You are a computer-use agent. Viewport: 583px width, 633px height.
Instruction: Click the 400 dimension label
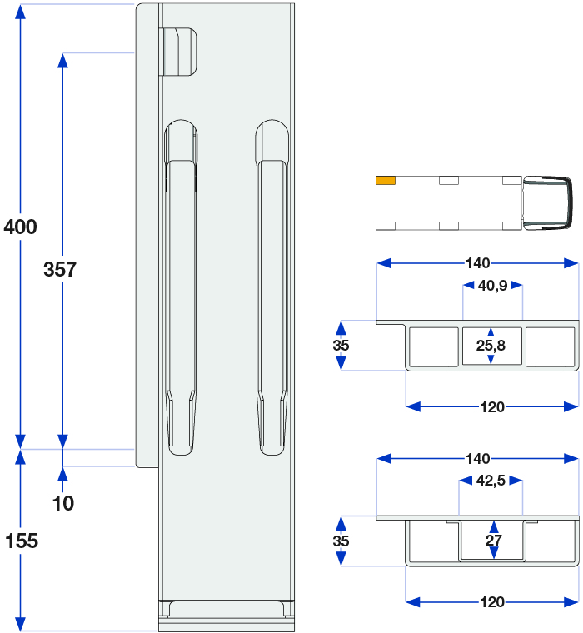[x=21, y=227]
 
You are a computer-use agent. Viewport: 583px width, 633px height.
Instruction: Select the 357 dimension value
[x=60, y=269]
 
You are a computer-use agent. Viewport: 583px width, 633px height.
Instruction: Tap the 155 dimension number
[x=22, y=541]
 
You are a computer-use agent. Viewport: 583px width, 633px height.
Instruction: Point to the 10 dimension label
[x=63, y=503]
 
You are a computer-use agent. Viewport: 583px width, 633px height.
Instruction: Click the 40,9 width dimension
[x=492, y=286]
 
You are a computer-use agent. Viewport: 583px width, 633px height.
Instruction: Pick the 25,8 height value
[x=491, y=346]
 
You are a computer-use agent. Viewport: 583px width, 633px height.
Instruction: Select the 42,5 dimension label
[x=491, y=481]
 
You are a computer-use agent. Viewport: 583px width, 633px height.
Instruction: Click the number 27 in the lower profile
[x=493, y=541]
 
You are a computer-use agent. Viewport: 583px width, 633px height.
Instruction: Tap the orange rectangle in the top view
[x=386, y=181]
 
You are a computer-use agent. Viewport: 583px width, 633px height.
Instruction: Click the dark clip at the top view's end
[x=548, y=203]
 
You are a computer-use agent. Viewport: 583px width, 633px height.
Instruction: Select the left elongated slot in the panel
[x=181, y=287]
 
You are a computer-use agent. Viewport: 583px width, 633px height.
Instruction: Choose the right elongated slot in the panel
[x=272, y=287]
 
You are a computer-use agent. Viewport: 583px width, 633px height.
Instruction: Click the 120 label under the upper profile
[x=492, y=407]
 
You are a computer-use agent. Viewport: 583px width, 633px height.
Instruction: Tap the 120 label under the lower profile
[x=492, y=602]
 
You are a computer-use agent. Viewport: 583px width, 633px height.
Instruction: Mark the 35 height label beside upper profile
[x=341, y=346]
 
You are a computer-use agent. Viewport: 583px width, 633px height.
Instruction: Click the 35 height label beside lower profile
[x=341, y=541]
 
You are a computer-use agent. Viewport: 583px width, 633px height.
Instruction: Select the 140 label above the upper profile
[x=477, y=263]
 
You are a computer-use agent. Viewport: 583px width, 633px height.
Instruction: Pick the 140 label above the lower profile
[x=477, y=459]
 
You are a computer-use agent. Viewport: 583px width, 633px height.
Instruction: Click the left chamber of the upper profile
[x=434, y=346]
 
